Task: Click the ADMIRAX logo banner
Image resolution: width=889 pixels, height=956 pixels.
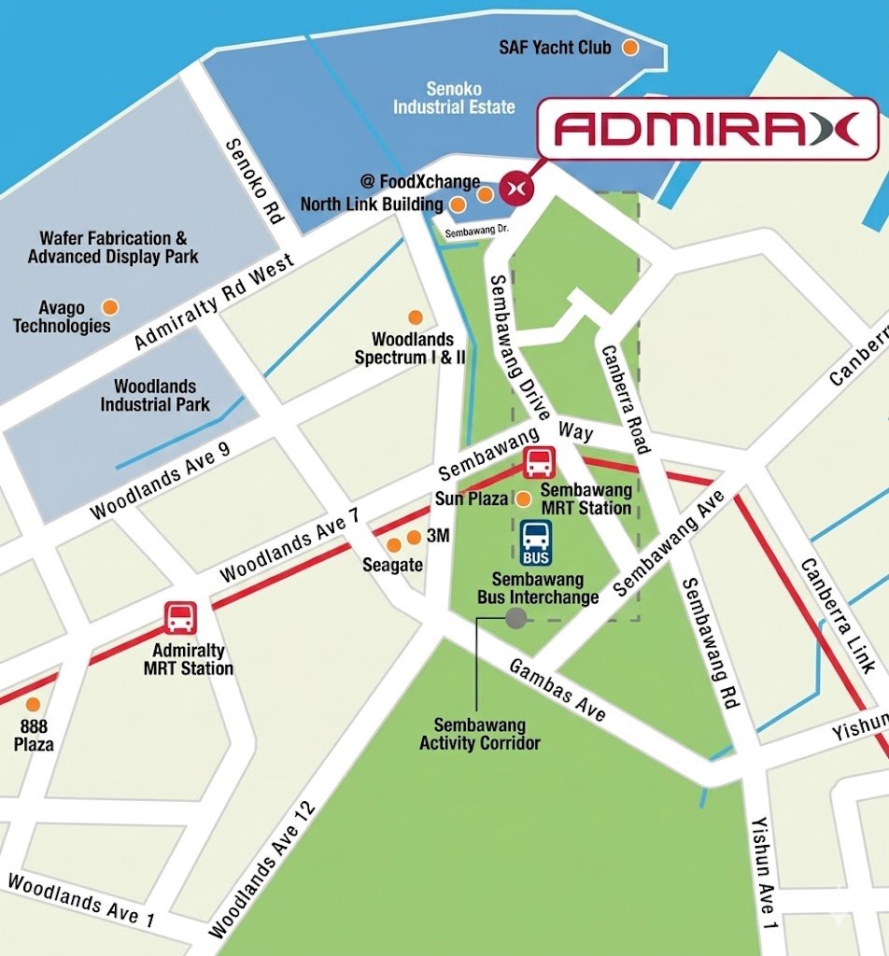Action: tap(707, 128)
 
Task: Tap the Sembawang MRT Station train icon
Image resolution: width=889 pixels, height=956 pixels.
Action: tap(539, 462)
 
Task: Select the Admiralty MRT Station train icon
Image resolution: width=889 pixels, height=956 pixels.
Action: tap(180, 617)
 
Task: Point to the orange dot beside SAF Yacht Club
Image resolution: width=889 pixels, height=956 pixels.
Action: tap(631, 47)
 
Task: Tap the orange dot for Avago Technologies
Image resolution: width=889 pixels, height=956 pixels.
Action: tap(110, 306)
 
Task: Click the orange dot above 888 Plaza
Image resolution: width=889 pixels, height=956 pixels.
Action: tap(33, 704)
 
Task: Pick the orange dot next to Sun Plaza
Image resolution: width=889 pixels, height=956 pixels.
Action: tap(524, 499)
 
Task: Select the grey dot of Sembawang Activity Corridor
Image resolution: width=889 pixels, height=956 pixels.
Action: tap(515, 617)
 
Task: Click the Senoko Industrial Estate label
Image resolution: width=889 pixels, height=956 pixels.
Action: tap(454, 98)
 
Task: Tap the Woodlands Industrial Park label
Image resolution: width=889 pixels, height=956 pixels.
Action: tap(155, 395)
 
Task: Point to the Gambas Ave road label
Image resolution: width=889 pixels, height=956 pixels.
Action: tap(557, 690)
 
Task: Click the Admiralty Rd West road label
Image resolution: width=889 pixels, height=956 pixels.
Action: tap(214, 301)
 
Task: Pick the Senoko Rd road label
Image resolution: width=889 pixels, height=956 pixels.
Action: tap(254, 181)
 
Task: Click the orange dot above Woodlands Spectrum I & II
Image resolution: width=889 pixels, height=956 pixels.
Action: tap(415, 317)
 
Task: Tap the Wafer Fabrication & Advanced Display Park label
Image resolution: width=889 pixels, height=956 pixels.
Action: tap(113, 247)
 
